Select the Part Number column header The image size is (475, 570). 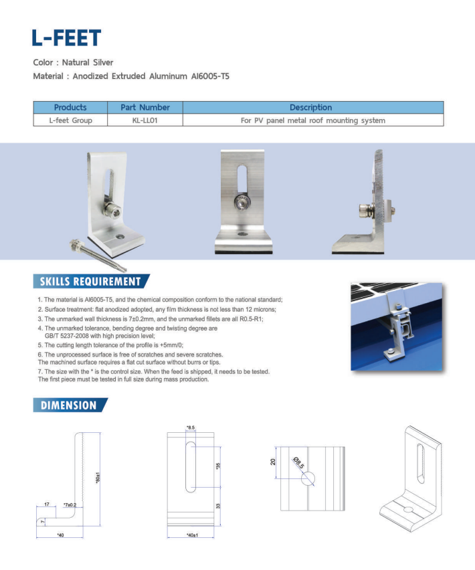(x=145, y=107)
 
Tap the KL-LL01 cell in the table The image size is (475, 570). (x=145, y=120)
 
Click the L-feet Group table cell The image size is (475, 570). (x=70, y=120)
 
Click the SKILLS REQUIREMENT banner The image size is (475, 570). (x=90, y=282)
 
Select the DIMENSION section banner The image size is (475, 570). (x=69, y=405)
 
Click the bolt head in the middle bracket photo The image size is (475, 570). (x=240, y=202)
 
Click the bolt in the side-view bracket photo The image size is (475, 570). (x=365, y=213)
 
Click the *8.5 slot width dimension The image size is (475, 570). (x=191, y=427)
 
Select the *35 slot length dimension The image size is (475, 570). (x=218, y=466)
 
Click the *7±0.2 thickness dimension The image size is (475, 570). (x=70, y=504)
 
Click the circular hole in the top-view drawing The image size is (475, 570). (x=308, y=478)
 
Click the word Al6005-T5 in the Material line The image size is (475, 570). (x=209, y=76)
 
